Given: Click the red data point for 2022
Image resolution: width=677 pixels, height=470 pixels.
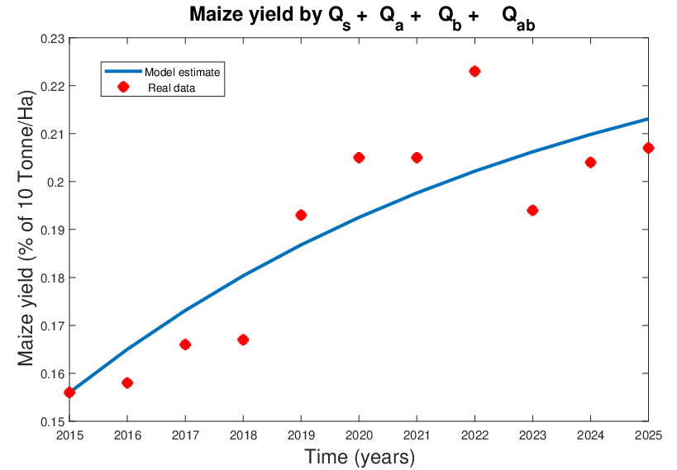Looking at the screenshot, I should (474, 71).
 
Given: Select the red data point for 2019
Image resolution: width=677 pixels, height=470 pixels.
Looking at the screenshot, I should (301, 215).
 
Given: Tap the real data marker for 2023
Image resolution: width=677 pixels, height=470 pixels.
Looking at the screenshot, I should (532, 210).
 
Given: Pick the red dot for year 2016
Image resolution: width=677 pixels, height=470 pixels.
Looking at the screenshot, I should (127, 382).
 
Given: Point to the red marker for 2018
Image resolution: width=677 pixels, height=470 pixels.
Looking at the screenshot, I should (243, 339).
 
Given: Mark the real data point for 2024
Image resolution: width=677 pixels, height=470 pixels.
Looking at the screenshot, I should (590, 162).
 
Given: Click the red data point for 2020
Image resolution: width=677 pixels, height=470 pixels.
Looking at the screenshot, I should (359, 157).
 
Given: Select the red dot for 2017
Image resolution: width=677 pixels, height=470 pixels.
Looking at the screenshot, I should (185, 344).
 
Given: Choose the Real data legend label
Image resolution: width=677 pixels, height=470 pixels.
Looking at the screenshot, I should (171, 87).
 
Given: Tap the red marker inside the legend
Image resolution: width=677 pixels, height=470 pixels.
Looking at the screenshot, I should (123, 87).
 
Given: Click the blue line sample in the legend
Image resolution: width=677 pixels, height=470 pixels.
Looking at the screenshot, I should (123, 72).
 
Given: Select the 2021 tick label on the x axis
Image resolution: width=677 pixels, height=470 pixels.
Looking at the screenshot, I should (417, 434).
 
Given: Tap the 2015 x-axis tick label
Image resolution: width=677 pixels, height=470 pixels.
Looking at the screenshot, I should (69, 434).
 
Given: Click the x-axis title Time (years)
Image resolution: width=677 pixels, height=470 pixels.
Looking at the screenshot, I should (359, 457).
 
